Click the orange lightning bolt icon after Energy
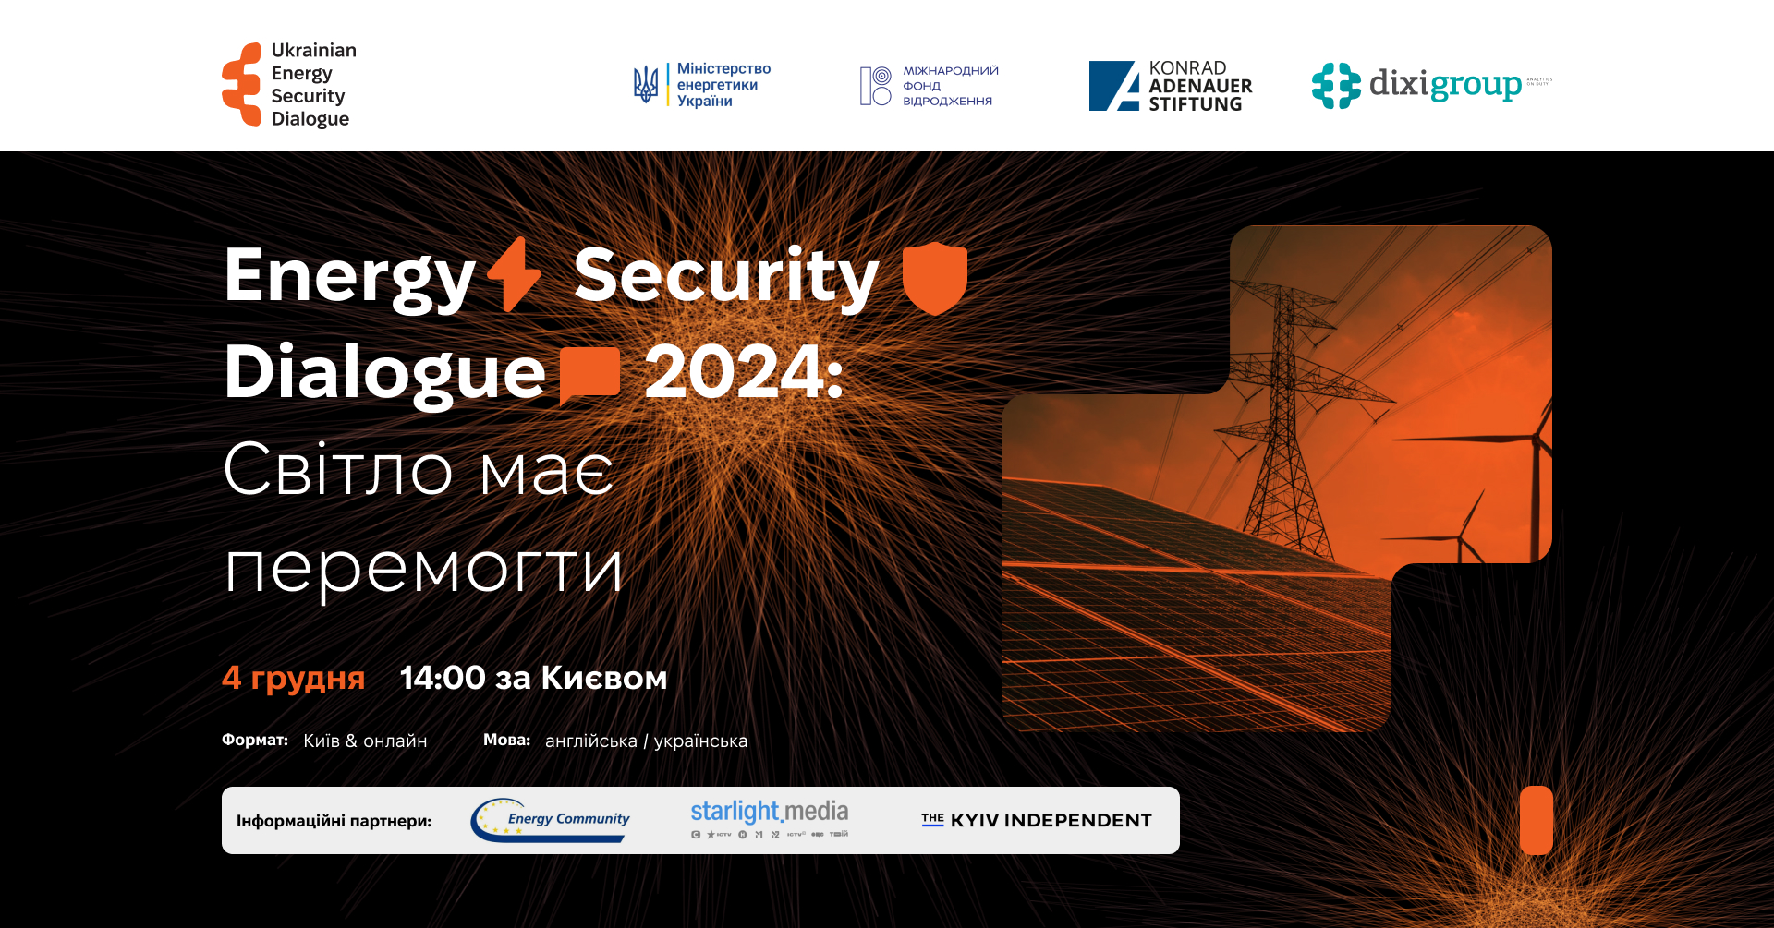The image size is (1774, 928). [515, 274]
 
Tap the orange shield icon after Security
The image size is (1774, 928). [934, 277]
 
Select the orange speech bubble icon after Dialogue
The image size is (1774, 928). [589, 374]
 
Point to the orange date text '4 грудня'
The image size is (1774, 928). [294, 678]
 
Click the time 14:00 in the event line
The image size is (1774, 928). [443, 678]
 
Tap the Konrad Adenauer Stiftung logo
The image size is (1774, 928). [1171, 86]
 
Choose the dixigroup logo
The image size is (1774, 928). [1431, 85]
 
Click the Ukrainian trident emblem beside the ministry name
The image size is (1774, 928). [646, 85]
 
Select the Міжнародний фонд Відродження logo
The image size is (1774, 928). [930, 86]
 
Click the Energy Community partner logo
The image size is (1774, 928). [551, 820]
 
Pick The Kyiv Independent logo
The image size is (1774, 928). [1037, 820]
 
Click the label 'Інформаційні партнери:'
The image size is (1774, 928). [334, 821]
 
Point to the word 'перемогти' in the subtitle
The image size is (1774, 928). [424, 567]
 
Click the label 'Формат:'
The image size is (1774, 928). [255, 740]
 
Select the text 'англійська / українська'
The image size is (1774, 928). [646, 741]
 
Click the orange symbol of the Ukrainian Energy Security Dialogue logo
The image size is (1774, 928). [242, 84]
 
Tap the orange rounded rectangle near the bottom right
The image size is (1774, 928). [1536, 820]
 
